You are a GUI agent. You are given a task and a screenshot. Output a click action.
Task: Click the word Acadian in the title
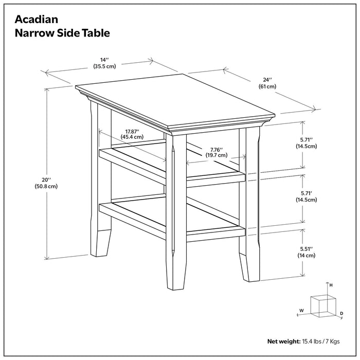pos(36,20)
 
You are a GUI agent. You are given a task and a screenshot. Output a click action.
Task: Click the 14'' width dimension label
pos(104,60)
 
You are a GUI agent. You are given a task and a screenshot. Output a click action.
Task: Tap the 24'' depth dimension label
pos(267,80)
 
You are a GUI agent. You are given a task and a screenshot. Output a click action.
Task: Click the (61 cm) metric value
pos(267,87)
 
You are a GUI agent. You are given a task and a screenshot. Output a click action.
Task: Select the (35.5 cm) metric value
pos(104,67)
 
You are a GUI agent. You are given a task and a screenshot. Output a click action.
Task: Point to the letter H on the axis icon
pos(331,285)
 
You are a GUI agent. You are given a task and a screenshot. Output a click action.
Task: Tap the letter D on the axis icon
pos(341,313)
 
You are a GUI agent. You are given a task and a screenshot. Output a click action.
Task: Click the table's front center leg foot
pos(176,275)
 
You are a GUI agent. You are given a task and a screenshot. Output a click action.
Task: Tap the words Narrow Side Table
pos(62,33)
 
